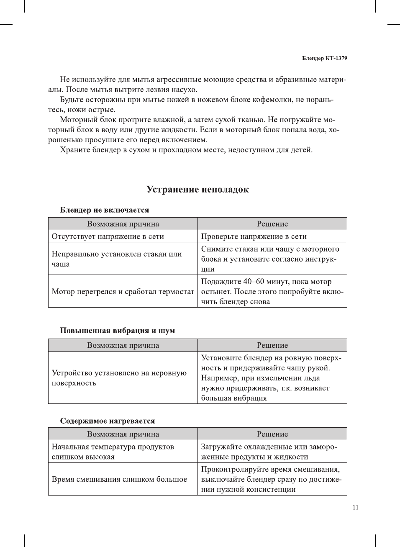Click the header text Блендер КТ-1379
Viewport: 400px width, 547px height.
coord(324,58)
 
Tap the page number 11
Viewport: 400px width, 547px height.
coord(355,508)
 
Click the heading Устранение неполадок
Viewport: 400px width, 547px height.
coord(197,190)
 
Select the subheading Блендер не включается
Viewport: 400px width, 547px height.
coord(105,210)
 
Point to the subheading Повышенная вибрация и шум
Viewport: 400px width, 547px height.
coord(118,331)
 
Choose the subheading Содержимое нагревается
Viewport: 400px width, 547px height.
coord(108,421)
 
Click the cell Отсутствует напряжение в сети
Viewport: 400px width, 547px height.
coord(108,236)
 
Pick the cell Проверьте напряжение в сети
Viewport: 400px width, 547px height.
coord(254,236)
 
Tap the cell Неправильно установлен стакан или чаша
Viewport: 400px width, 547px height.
coord(117,259)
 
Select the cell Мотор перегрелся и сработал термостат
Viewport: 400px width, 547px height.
coord(123,292)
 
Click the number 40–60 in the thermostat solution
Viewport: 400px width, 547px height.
coord(254,282)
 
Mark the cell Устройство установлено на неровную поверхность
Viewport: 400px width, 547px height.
coord(119,378)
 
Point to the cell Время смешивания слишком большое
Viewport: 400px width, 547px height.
coord(119,479)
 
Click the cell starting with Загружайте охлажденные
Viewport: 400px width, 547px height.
coord(269,452)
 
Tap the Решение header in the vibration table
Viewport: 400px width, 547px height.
coord(272,345)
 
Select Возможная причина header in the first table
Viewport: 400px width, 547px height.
coord(123,224)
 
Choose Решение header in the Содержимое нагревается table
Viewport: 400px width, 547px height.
coord(272,434)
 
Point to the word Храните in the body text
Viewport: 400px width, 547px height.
coord(73,150)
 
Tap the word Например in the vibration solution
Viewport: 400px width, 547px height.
coord(218,378)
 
